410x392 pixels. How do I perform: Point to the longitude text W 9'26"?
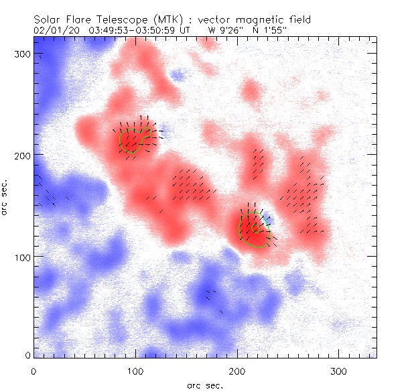point(224,30)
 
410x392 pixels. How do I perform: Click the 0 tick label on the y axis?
point(27,355)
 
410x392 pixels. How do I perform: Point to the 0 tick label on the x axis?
point(33,370)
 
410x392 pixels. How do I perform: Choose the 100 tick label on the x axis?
point(135,370)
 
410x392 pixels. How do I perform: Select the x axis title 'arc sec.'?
point(204,385)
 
